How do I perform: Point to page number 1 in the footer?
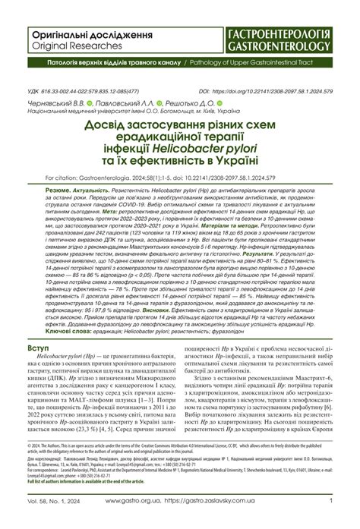tap(331, 501)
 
